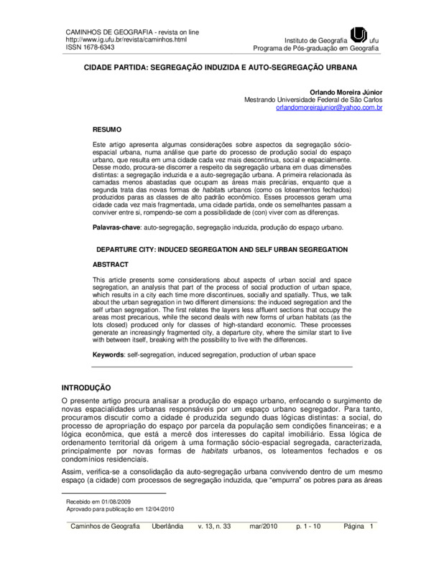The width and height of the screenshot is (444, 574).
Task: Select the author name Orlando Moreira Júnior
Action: (347, 92)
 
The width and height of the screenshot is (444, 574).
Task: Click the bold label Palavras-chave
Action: (118, 227)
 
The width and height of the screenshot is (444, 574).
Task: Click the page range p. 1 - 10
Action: (311, 527)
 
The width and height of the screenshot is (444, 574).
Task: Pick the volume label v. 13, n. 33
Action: (214, 527)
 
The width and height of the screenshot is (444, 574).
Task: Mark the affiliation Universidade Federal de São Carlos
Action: (333, 100)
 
